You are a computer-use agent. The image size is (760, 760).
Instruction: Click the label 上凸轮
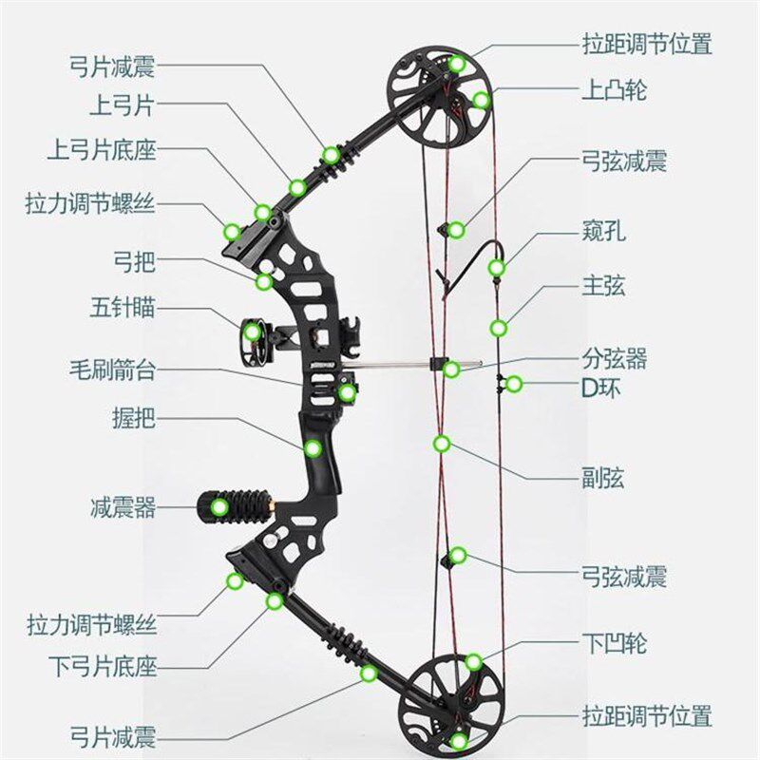click(614, 91)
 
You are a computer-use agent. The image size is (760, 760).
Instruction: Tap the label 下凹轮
click(614, 644)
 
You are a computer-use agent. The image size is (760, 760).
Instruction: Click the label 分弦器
click(615, 358)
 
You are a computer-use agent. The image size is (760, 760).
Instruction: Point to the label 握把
click(134, 416)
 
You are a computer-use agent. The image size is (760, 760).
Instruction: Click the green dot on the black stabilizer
click(219, 506)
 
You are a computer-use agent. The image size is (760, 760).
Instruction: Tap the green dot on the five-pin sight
click(251, 332)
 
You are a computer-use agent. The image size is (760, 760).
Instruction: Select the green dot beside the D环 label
click(514, 384)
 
